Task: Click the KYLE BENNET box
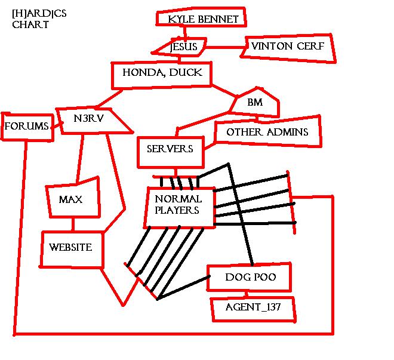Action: tap(202, 19)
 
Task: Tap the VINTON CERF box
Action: tap(288, 47)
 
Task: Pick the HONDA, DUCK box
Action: tap(162, 73)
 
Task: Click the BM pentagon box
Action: tap(256, 103)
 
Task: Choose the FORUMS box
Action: tap(26, 126)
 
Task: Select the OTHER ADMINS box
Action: tap(267, 131)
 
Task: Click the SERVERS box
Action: tap(170, 149)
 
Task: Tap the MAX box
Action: tap(71, 199)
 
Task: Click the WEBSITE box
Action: tap(71, 248)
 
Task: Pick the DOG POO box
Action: tap(250, 278)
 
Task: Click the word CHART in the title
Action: tap(30, 26)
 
